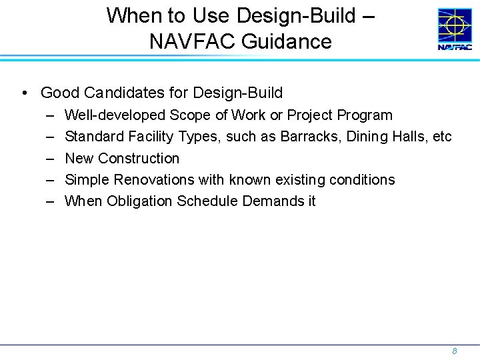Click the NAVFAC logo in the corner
click(455, 29)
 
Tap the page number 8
click(454, 351)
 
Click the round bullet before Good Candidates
click(24, 93)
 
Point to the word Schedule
click(206, 201)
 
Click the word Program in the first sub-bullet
click(366, 115)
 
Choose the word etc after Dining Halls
click(441, 137)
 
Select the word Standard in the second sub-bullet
click(93, 137)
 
